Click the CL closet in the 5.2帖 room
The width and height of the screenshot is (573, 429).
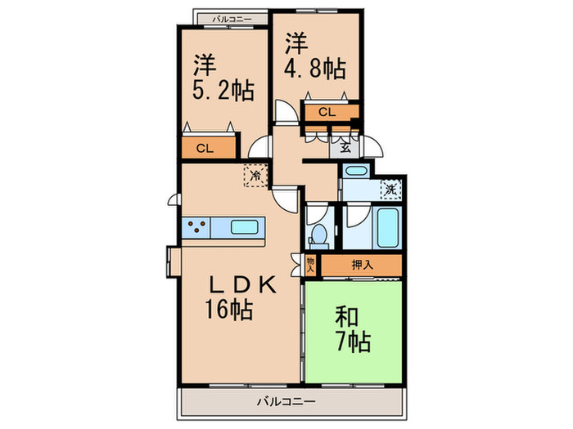[x=205, y=148]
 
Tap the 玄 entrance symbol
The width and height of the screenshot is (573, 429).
[x=345, y=148]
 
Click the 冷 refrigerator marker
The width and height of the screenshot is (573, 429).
[x=256, y=175]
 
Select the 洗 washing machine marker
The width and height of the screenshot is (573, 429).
[x=392, y=189]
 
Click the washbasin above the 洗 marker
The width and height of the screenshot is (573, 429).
[x=354, y=174]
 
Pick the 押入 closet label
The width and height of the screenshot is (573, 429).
[x=360, y=266]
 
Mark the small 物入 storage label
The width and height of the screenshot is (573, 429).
[x=311, y=265]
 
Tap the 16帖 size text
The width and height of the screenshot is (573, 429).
[x=227, y=310]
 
